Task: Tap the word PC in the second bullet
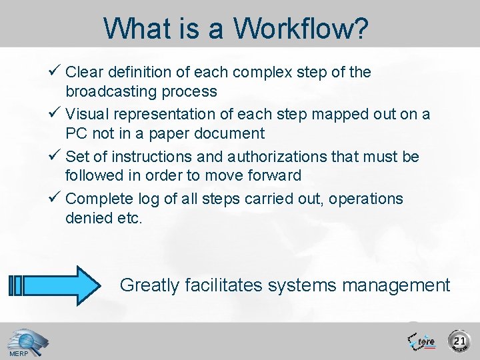pyautogui.click(x=77, y=133)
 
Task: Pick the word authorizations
pyautogui.click(x=256, y=157)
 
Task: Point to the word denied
pyautogui.click(x=87, y=218)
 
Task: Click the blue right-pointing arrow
pyautogui.click(x=56, y=285)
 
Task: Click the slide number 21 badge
pyautogui.click(x=459, y=341)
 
